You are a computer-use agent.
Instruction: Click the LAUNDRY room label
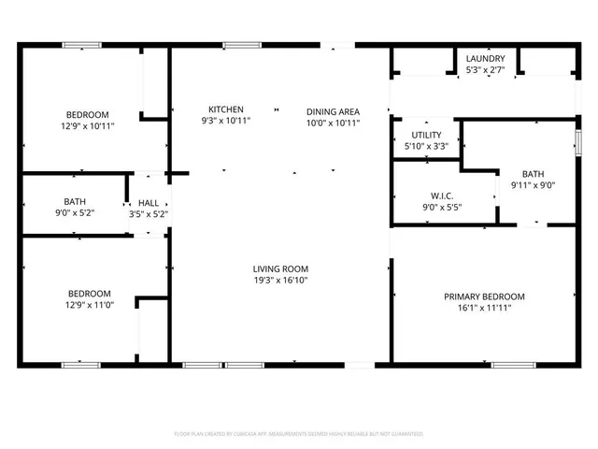(485, 58)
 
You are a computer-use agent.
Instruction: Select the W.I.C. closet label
(442, 196)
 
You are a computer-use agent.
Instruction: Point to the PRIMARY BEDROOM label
(483, 297)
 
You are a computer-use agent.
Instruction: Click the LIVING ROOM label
(280, 268)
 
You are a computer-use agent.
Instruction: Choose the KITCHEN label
(226, 109)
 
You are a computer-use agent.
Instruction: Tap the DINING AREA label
(333, 112)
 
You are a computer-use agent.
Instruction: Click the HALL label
(149, 202)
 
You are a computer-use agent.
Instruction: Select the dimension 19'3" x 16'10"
(280, 280)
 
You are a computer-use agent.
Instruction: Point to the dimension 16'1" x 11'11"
(483, 308)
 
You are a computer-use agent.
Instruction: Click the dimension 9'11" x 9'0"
(533, 185)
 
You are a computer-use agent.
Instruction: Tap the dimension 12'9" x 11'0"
(87, 304)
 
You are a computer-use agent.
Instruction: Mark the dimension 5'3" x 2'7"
(485, 69)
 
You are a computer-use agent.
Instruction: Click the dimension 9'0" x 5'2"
(76, 213)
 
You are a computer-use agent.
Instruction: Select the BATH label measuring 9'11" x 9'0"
(533, 174)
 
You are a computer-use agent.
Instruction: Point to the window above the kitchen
(242, 44)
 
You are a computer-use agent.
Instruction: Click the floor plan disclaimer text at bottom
(299, 434)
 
